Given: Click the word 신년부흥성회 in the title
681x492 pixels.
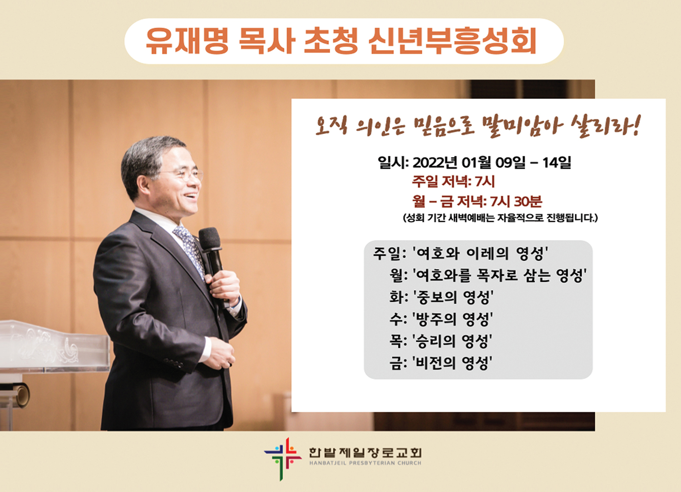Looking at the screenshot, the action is (x=453, y=41).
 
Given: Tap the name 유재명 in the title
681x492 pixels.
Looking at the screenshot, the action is (x=187, y=41).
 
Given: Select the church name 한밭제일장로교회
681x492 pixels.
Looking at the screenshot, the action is (x=365, y=453).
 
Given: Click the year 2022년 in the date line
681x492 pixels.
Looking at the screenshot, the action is (x=435, y=162).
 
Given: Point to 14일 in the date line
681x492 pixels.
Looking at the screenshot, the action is (x=556, y=162).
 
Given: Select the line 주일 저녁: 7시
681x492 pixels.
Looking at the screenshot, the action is (x=453, y=182).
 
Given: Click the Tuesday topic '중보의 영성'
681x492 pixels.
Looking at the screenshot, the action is (x=453, y=296).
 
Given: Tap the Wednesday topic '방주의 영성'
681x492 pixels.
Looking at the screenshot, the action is (x=452, y=319).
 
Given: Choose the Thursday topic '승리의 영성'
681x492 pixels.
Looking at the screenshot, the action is (x=452, y=341).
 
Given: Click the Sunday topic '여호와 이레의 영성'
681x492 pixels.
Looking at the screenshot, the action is (x=480, y=253).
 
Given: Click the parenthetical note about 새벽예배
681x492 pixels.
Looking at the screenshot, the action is (x=500, y=218).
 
